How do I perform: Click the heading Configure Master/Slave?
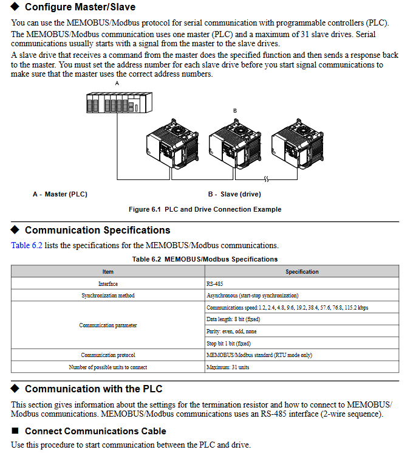tap(80, 7)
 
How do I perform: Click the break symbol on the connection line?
tap(265, 179)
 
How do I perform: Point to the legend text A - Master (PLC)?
tap(60, 195)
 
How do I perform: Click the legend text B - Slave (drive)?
tap(234, 195)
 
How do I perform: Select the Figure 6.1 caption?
tap(205, 209)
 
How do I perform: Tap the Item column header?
tap(108, 272)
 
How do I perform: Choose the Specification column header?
tap(302, 272)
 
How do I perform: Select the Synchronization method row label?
tap(108, 296)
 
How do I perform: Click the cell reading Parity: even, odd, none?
tap(231, 331)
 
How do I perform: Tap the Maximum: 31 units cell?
tap(228, 367)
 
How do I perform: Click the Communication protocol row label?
tap(108, 355)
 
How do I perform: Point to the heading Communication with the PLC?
tap(94, 389)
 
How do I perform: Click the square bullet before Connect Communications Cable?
tap(15, 431)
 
